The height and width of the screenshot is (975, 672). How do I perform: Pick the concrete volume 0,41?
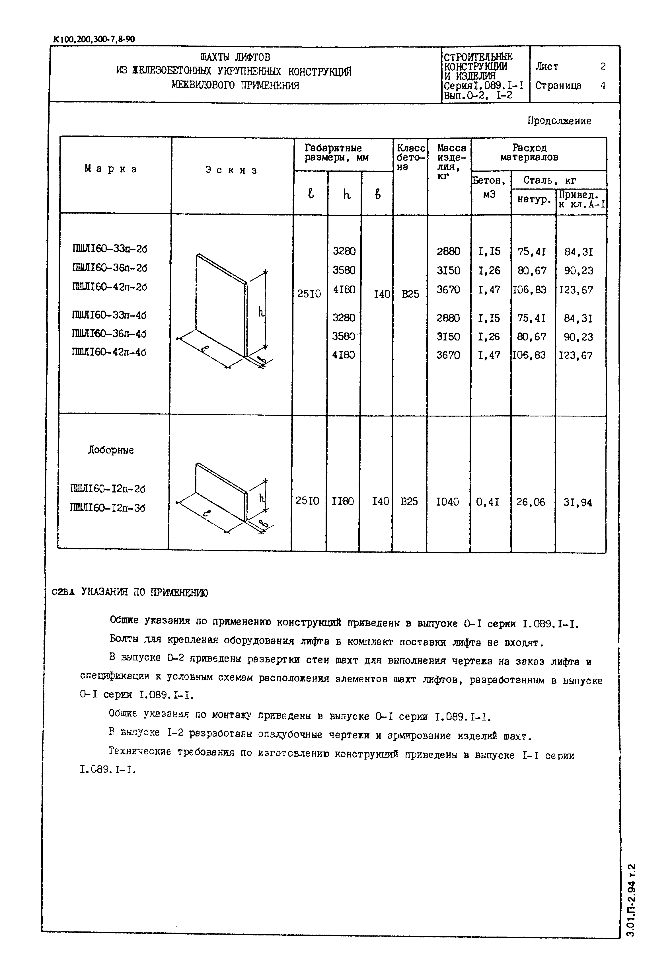tap(488, 502)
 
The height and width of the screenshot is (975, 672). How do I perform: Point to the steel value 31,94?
tap(578, 502)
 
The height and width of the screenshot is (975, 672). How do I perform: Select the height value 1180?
tap(343, 501)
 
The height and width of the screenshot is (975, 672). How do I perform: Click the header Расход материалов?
tap(529, 153)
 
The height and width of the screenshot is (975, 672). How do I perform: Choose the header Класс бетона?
tap(410, 157)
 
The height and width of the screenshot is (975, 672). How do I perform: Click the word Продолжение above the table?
tap(559, 121)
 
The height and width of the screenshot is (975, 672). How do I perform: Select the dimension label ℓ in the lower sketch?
tap(210, 513)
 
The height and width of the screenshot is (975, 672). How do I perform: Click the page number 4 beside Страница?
tap(603, 85)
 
